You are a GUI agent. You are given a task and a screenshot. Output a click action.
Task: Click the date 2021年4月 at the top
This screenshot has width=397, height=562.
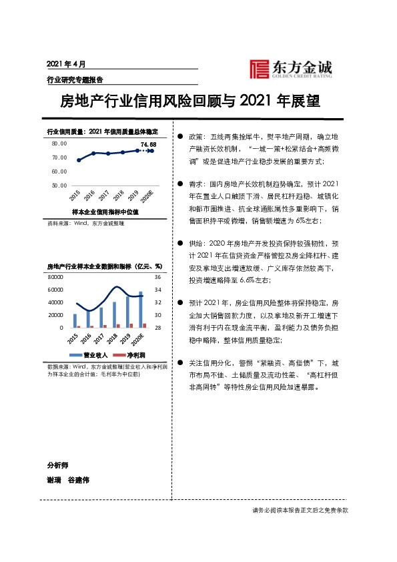click(67, 64)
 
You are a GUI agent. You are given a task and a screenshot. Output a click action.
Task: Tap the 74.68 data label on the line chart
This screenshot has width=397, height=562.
click(148, 144)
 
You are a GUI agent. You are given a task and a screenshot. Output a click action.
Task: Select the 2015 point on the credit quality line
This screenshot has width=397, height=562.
click(79, 160)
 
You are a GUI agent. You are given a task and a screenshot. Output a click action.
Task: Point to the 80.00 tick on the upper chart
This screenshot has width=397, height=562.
click(59, 144)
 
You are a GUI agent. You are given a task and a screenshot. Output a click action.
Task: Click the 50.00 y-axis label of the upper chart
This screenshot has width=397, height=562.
click(59, 185)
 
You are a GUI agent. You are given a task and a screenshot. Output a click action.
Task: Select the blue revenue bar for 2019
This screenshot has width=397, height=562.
click(127, 312)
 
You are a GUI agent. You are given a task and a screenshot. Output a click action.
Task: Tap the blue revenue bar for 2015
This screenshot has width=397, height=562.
click(75, 320)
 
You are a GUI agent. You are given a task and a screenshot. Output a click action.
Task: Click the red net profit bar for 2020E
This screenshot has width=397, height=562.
click(144, 325)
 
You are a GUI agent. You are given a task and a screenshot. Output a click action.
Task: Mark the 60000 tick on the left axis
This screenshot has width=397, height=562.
click(55, 289)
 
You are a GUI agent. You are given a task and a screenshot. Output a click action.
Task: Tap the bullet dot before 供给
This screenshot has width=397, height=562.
click(180, 243)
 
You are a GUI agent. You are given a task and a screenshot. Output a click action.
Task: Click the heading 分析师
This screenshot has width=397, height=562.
click(57, 465)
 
